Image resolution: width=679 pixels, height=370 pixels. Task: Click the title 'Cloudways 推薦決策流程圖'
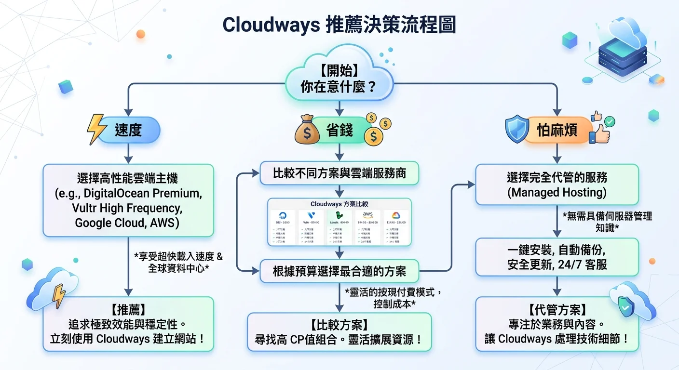point(339,25)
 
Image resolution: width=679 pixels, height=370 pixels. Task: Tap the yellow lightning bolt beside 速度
point(96,130)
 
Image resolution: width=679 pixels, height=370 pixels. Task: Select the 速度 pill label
point(128,130)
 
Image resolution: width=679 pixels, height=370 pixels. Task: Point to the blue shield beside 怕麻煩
point(516,129)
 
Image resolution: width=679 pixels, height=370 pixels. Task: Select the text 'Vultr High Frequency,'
point(128,208)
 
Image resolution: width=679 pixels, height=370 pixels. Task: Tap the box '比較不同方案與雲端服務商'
point(339,173)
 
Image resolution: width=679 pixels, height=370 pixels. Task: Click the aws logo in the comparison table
point(367,215)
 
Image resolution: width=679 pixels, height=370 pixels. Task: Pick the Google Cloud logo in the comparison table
point(395,215)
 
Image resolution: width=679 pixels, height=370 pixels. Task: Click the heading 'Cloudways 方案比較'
point(339,204)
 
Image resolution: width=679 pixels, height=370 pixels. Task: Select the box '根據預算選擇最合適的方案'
point(339,271)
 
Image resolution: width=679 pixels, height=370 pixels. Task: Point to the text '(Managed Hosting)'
point(557,193)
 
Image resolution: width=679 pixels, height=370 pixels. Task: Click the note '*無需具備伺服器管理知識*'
point(607,222)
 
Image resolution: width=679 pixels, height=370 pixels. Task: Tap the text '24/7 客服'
point(583,264)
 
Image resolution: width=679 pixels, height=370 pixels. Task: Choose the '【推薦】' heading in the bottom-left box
point(128,308)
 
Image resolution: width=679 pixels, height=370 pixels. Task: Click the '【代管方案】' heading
point(557,309)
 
